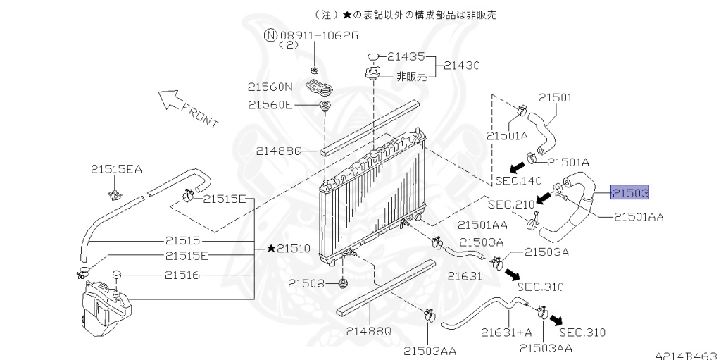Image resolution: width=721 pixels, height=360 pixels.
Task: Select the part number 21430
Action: tap(461, 65)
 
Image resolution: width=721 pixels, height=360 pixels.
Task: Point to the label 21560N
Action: tap(270, 87)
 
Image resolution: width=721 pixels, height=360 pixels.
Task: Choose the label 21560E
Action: tap(270, 105)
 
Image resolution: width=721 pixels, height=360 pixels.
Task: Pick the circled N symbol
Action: tap(270, 35)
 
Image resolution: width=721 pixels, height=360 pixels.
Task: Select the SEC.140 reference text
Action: tap(518, 180)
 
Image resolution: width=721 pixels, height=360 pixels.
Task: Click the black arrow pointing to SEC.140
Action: tap(518, 166)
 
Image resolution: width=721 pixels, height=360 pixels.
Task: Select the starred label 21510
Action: tap(288, 249)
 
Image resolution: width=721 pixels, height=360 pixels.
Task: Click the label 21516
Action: tap(182, 275)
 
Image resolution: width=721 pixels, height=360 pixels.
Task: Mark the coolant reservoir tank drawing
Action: tap(106, 305)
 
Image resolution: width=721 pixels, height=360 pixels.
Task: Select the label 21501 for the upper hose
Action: tap(556, 98)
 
